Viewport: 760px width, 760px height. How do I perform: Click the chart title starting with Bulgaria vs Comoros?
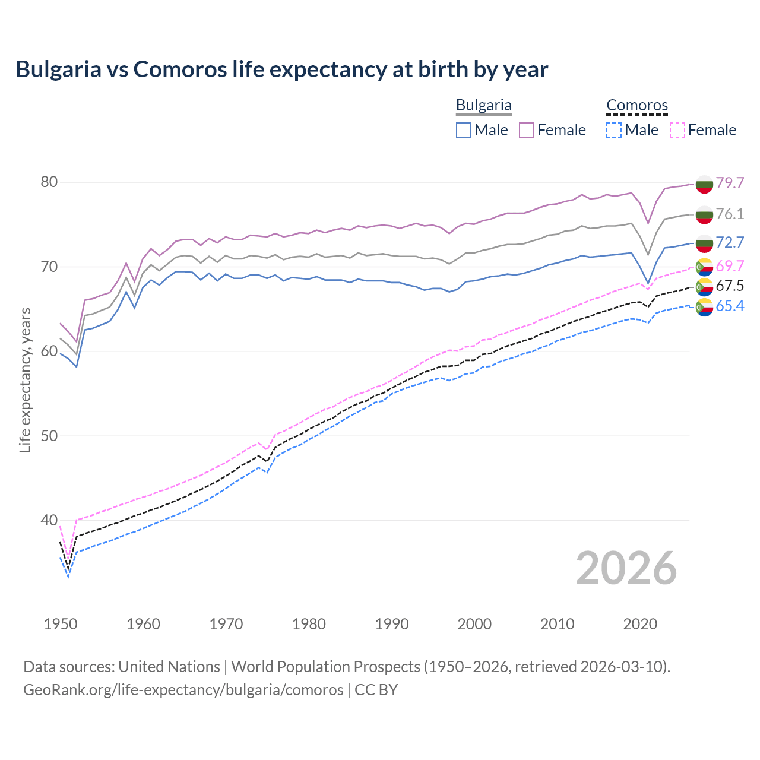[282, 69]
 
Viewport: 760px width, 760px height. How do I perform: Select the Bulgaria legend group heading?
[483, 106]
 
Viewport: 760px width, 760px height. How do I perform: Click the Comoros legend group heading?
[636, 106]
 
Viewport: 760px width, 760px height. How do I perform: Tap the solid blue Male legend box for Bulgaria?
[464, 130]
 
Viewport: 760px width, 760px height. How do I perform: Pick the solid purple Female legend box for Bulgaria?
[527, 130]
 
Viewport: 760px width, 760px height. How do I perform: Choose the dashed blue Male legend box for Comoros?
[614, 130]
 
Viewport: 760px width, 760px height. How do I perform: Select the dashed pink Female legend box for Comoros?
[677, 130]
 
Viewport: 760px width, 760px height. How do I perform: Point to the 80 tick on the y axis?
[49, 182]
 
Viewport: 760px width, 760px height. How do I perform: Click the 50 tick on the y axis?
[49, 436]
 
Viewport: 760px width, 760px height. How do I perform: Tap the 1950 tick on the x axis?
[61, 624]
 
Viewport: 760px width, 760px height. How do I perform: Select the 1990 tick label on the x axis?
[392, 624]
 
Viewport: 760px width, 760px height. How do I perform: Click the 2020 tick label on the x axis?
[640, 624]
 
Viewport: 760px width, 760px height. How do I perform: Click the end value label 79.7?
[730, 183]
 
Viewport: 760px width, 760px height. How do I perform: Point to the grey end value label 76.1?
[730, 214]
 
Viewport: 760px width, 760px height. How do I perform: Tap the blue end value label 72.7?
[730, 242]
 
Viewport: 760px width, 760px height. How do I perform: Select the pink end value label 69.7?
[730, 266]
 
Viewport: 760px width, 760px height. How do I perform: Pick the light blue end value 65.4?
[730, 306]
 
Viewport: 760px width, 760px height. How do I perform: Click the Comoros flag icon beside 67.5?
[704, 286]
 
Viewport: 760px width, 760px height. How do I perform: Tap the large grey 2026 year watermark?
[626, 568]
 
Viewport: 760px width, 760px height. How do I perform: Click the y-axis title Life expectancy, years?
[25, 380]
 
